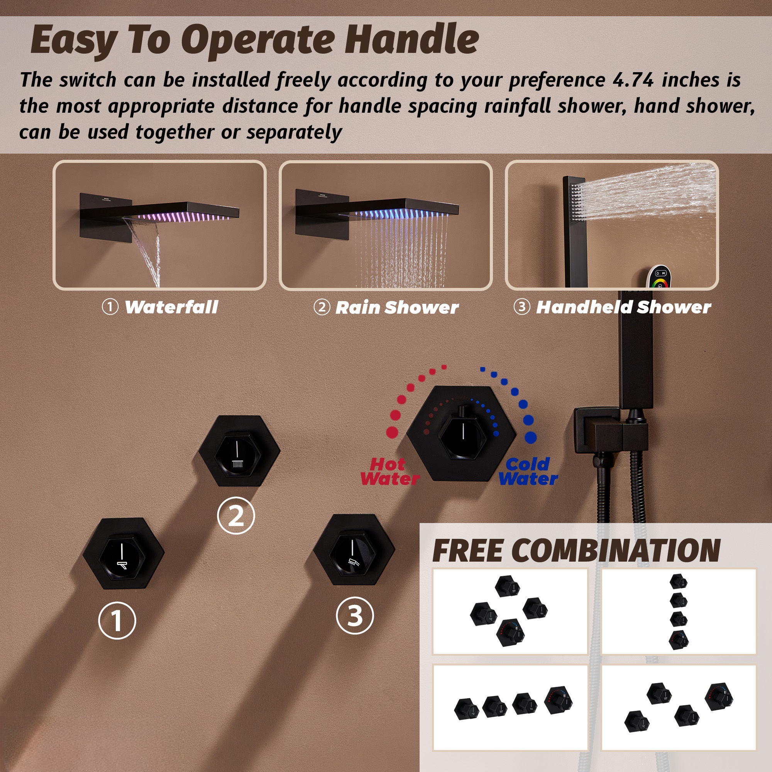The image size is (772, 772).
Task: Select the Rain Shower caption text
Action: coord(397,308)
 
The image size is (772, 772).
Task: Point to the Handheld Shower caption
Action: coord(623,307)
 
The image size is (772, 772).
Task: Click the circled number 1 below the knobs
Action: coord(117,621)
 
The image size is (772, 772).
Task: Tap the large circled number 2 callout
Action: coord(236,515)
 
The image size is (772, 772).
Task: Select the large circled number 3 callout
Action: coord(355,615)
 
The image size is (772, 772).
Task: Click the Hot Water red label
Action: coord(389,472)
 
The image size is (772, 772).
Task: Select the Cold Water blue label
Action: coord(527,472)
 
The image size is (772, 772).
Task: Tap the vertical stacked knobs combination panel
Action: coord(679,611)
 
